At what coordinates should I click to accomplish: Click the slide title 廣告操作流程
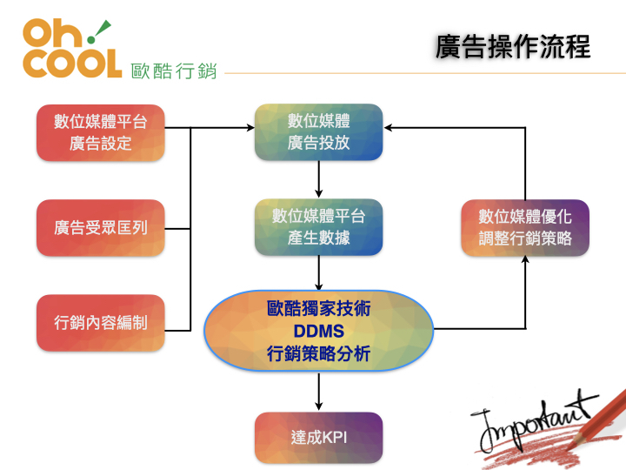tap(512, 47)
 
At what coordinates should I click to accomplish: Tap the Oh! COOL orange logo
tap(71, 50)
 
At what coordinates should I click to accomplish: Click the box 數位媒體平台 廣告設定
tap(101, 132)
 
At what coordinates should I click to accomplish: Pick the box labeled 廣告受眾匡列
tap(101, 229)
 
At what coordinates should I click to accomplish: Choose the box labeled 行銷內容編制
tap(101, 323)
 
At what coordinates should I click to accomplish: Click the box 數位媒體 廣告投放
tap(318, 132)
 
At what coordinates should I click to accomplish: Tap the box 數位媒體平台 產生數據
tap(318, 226)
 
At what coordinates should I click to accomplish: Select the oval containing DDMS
tap(318, 332)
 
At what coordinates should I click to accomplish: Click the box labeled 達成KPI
tap(318, 437)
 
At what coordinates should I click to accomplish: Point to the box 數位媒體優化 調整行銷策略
tap(525, 228)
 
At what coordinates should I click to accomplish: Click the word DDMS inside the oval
tap(318, 332)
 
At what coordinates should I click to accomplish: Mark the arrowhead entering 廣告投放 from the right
tap(390, 128)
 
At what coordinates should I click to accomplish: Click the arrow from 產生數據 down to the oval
tap(319, 273)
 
